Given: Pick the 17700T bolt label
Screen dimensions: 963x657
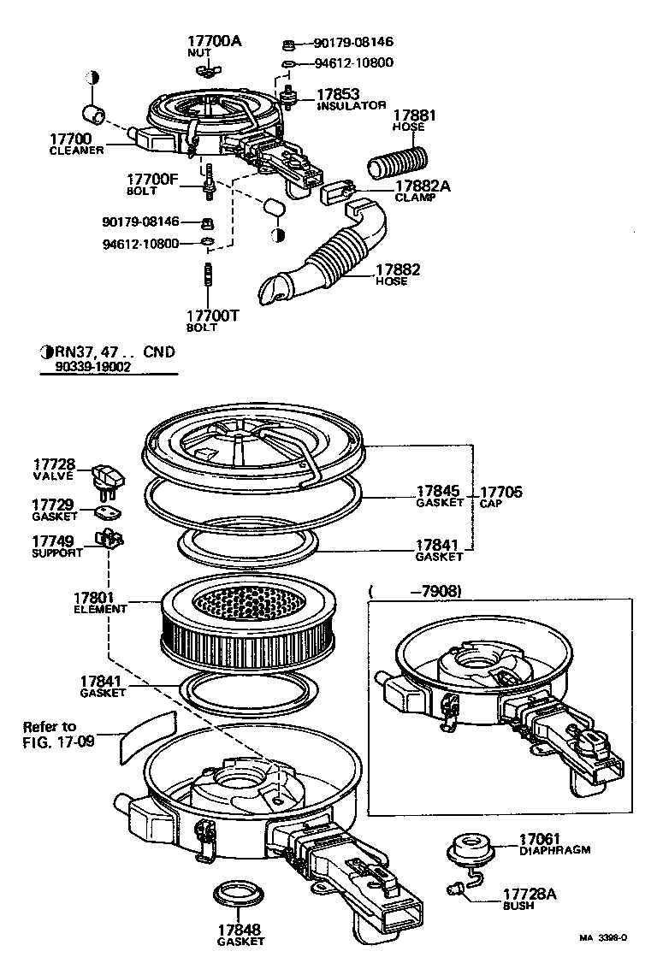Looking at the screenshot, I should [212, 315].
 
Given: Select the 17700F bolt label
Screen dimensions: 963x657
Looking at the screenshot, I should [152, 180].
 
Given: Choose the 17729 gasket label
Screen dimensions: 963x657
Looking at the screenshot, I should [52, 505].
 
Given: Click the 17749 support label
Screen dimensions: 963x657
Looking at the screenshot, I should [52, 541].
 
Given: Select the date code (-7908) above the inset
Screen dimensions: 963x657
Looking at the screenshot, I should [415, 590].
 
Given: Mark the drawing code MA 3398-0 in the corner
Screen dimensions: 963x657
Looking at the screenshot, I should [604, 937].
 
